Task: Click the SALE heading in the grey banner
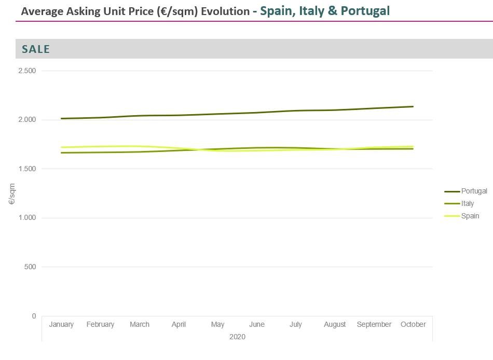tap(36, 49)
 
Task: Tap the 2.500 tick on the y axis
tap(26, 71)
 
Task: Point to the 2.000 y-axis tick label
tap(26, 120)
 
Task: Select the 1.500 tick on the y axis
tap(26, 169)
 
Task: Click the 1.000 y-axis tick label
tap(26, 218)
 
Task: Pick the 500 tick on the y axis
tap(30, 267)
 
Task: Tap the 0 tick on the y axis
tap(34, 316)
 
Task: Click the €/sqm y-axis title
tap(12, 193)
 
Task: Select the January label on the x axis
tap(61, 325)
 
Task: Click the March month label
tap(140, 325)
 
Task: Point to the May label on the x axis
tap(217, 325)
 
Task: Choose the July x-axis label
tap(296, 325)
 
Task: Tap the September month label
tap(374, 325)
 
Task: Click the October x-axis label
tap(413, 325)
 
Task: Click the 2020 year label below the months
tap(237, 337)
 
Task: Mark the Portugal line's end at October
tap(413, 106)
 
